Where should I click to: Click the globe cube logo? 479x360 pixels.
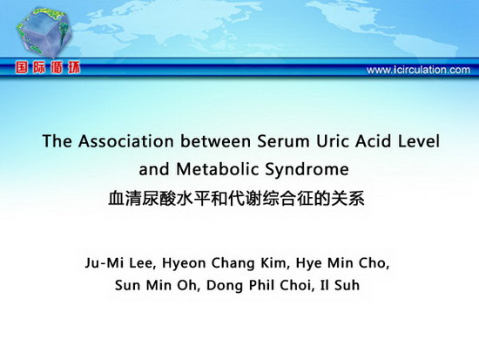[44, 32]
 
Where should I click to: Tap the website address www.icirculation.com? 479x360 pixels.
[418, 70]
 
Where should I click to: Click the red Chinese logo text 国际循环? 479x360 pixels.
[48, 68]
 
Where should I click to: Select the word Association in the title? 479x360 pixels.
[126, 141]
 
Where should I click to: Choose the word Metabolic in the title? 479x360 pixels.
[218, 169]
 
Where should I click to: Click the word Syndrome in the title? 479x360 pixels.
[307, 169]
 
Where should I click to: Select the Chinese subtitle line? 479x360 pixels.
[236, 198]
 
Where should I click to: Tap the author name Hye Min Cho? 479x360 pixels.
[342, 263]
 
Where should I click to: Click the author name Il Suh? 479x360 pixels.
[340, 285]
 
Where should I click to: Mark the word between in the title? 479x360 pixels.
[215, 141]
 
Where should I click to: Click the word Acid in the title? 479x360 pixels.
[374, 141]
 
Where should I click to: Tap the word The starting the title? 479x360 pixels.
[57, 141]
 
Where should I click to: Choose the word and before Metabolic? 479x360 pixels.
[154, 169]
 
